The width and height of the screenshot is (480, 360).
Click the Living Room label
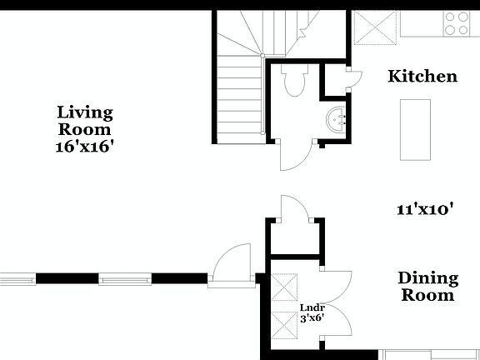tap(84, 120)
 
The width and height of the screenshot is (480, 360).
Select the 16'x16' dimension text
tap(84, 146)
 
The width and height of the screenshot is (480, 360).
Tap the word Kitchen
tap(422, 77)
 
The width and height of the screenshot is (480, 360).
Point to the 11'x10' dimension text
tap(424, 210)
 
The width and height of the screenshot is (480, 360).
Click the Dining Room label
tap(427, 286)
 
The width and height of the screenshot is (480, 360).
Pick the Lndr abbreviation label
tap(311, 307)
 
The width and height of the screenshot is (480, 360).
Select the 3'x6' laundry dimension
tap(311, 317)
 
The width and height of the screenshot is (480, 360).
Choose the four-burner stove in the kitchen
tap(457, 23)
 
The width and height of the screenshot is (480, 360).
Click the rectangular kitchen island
tap(415, 129)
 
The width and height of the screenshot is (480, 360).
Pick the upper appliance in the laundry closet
tap(285, 291)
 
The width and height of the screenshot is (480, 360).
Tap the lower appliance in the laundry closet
tap(285, 328)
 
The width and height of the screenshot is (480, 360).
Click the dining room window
tap(430, 353)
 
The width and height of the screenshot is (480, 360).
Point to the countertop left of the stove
tap(422, 23)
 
